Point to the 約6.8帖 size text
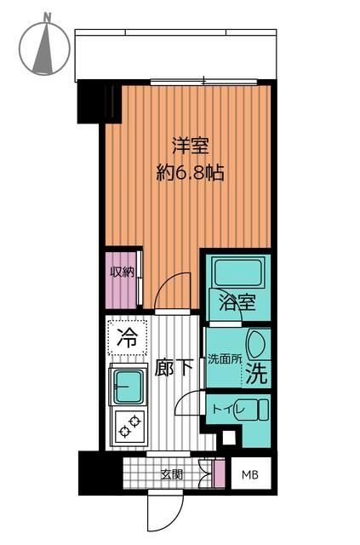coord(190,173)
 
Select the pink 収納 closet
coord(121,278)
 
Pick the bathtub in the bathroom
coord(237,272)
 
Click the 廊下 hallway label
coord(174,368)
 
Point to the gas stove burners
coord(128,427)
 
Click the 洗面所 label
coord(224,359)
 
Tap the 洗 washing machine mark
coord(257,372)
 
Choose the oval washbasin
coord(259,345)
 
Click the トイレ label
coord(224,410)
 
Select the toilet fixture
coord(252,410)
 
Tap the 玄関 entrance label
coord(171,474)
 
